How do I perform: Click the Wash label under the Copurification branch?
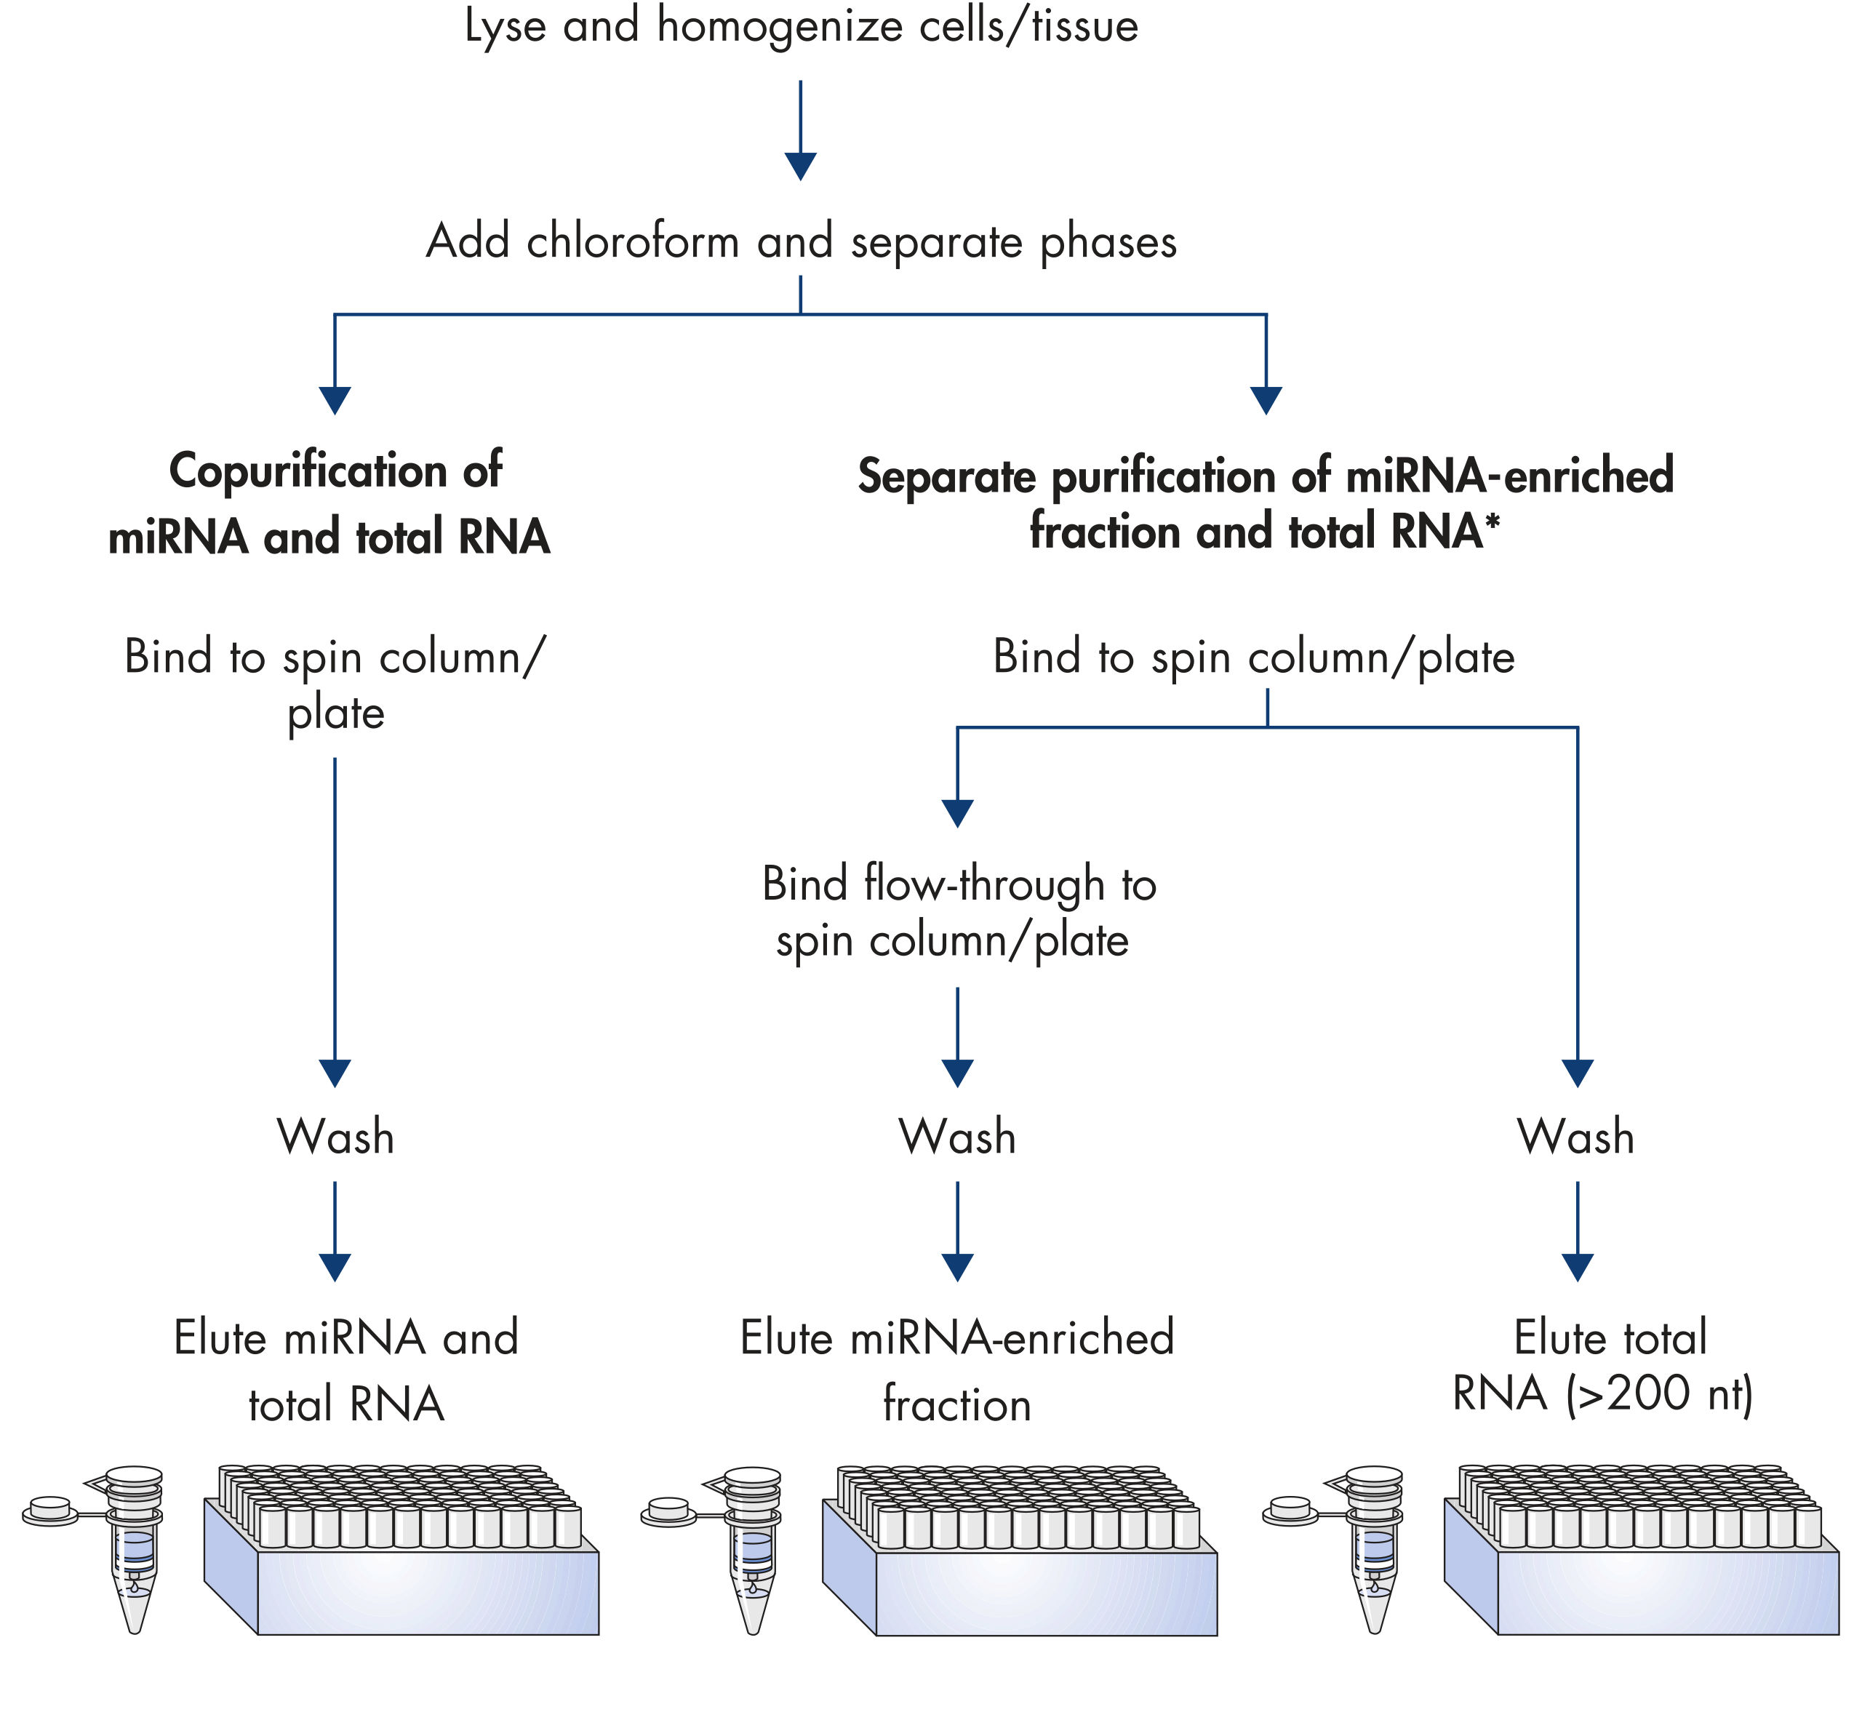point(335,1137)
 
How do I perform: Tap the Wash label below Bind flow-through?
point(957,1137)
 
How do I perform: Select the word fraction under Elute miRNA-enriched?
point(957,1404)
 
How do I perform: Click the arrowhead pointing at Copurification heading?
point(335,401)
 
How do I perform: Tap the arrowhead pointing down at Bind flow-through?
point(957,814)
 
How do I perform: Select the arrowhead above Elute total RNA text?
point(1578,1268)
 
